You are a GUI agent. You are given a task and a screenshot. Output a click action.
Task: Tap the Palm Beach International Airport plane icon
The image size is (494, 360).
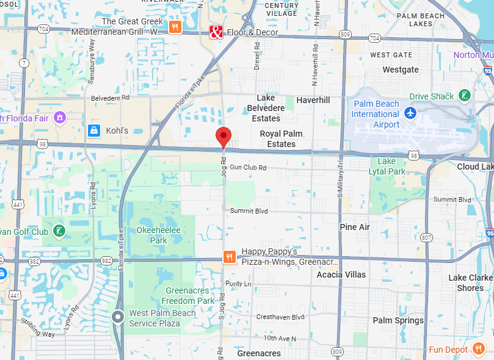tap(410, 113)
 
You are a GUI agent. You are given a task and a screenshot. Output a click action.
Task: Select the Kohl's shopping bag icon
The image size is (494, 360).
tap(93, 131)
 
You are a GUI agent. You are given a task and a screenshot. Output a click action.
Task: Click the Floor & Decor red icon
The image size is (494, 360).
tap(216, 32)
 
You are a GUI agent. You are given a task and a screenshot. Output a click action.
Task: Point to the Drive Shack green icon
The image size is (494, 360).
tap(465, 96)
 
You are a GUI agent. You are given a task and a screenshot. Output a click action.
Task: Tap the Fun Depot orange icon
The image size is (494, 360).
tap(479, 349)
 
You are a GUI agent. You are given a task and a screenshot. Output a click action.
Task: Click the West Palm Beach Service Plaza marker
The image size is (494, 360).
tap(118, 316)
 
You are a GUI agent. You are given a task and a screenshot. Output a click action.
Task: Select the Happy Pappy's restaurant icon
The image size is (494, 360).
tap(230, 257)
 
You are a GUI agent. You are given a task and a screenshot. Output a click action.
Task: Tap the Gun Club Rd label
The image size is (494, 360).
tap(249, 167)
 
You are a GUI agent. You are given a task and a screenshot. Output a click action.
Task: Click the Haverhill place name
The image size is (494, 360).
tap(313, 100)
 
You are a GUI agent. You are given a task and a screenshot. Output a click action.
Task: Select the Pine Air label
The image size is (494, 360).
tap(355, 227)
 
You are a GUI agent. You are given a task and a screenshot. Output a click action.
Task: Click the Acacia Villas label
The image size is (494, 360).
tap(341, 275)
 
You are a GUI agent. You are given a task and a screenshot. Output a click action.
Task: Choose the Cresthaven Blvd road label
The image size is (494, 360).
tap(280, 317)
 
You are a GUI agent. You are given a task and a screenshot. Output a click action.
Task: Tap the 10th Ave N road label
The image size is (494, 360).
tap(280, 338)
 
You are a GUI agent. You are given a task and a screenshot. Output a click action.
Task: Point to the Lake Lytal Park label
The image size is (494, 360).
tap(387, 167)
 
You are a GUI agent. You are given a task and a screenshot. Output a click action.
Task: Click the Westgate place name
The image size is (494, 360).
tap(401, 70)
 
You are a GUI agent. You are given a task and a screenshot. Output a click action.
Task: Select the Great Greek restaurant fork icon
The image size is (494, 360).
tap(175, 27)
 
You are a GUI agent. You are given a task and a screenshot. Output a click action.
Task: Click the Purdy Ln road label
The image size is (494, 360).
tap(238, 284)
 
